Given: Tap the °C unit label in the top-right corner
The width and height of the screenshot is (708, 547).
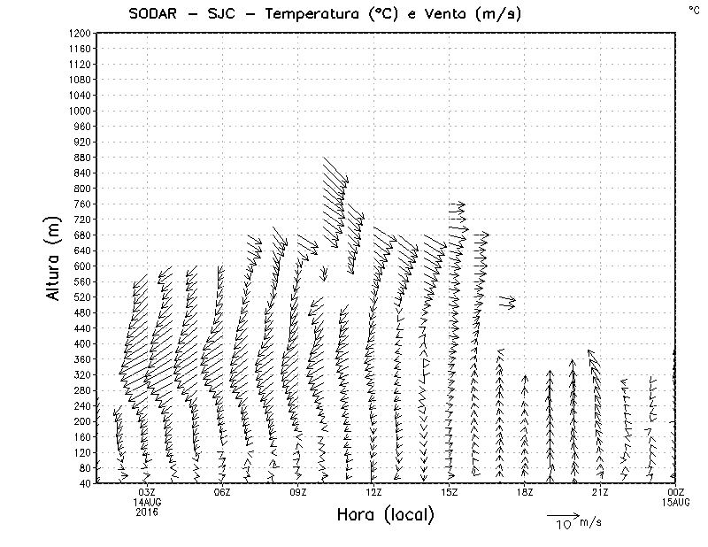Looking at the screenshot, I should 693,9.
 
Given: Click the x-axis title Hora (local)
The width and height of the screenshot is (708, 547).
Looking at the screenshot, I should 385,514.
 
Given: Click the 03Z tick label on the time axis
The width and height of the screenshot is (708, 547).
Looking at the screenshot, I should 147,492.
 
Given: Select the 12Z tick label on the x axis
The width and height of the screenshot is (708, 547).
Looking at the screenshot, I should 374,492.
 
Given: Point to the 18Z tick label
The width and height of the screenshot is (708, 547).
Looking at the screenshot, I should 525,492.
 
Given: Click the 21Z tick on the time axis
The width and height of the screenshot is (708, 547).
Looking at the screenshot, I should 600,492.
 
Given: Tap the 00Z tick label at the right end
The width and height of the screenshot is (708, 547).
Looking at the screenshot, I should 677,492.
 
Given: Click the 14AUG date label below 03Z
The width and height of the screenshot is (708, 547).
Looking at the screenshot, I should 147,502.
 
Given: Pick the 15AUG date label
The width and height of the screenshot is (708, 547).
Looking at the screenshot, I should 677,502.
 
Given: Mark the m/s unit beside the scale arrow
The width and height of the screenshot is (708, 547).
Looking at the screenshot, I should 590,522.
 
